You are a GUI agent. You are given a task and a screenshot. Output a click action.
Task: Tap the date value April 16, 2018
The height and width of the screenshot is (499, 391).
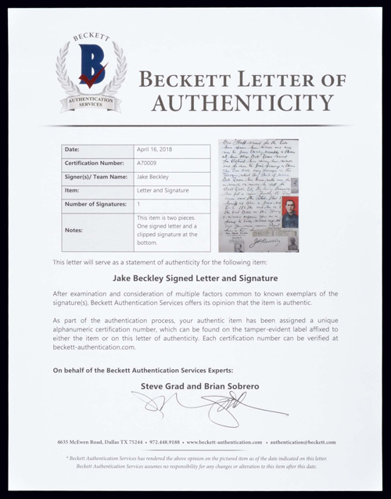click(158, 149)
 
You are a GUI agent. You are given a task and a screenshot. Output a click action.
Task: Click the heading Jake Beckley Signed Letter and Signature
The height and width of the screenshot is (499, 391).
click(195, 277)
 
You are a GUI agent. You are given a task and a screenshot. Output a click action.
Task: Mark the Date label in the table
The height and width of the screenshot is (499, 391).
click(72, 149)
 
